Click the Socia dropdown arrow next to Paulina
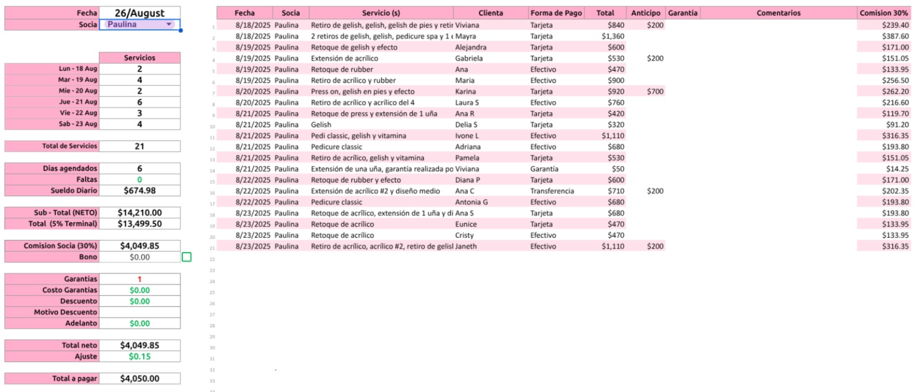tap(169, 24)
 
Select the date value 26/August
tap(140, 13)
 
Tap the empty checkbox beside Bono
tap(186, 257)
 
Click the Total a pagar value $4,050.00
tap(140, 378)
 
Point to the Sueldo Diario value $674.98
tap(140, 191)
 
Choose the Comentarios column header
tap(778, 13)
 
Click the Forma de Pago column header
tap(556, 13)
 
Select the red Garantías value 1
tap(140, 279)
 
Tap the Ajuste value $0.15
tap(140, 356)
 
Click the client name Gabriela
tap(469, 58)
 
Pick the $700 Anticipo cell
tap(655, 92)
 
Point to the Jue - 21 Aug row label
tap(78, 102)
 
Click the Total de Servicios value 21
tap(140, 146)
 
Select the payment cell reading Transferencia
tap(552, 191)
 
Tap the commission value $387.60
tap(895, 36)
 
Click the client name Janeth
tap(466, 246)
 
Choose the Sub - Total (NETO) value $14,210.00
tap(140, 212)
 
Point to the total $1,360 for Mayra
tap(612, 36)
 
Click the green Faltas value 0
tap(140, 180)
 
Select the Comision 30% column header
tap(884, 13)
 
